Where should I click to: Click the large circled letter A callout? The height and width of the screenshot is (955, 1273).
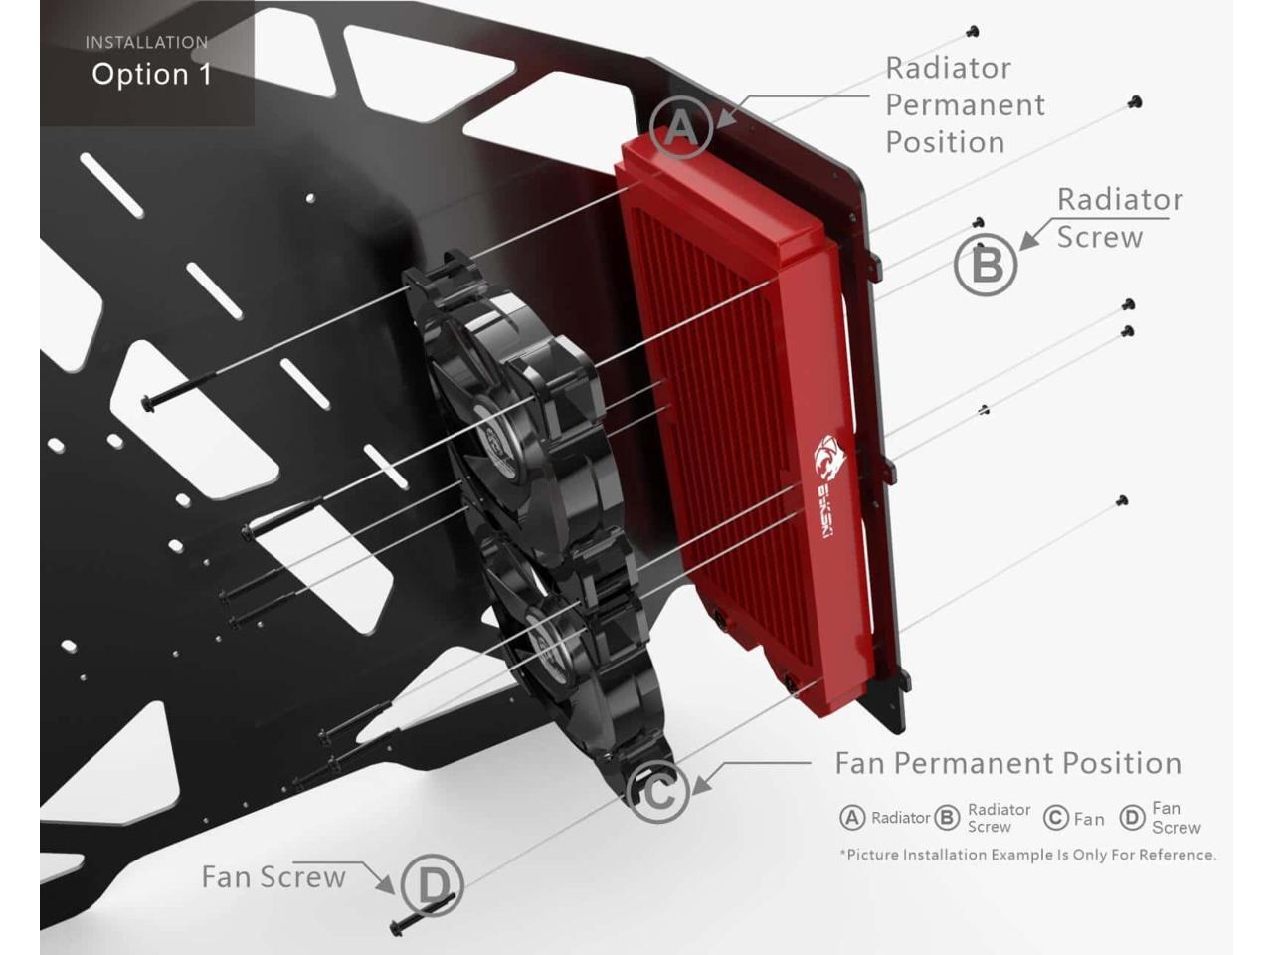pyautogui.click(x=681, y=128)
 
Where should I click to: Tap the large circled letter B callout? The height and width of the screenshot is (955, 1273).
pyautogui.click(x=986, y=265)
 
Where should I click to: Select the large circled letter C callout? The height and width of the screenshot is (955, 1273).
pyautogui.click(x=658, y=793)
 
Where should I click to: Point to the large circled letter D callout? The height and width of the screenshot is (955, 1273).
pyautogui.click(x=434, y=883)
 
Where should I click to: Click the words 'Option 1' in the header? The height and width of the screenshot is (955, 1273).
pyautogui.click(x=151, y=75)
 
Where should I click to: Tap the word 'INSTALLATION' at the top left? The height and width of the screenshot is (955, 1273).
pyautogui.click(x=146, y=43)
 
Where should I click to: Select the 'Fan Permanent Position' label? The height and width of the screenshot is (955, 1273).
pyautogui.click(x=1007, y=764)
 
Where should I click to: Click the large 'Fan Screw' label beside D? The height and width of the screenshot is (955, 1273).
pyautogui.click(x=273, y=877)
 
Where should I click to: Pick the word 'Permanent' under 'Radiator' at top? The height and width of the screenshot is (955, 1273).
pyautogui.click(x=965, y=105)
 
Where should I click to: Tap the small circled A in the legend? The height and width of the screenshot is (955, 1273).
pyautogui.click(x=852, y=818)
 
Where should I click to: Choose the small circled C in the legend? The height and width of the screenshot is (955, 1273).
pyautogui.click(x=1056, y=818)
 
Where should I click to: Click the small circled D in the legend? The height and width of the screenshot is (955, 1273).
pyautogui.click(x=1132, y=818)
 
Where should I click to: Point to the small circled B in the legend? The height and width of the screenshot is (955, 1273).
pyautogui.click(x=947, y=818)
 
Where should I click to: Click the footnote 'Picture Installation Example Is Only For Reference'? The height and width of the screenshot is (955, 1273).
pyautogui.click(x=1028, y=855)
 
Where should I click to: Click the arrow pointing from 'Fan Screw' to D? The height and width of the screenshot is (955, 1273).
pyautogui.click(x=378, y=876)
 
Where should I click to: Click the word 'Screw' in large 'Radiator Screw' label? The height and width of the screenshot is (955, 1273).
pyautogui.click(x=1099, y=238)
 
